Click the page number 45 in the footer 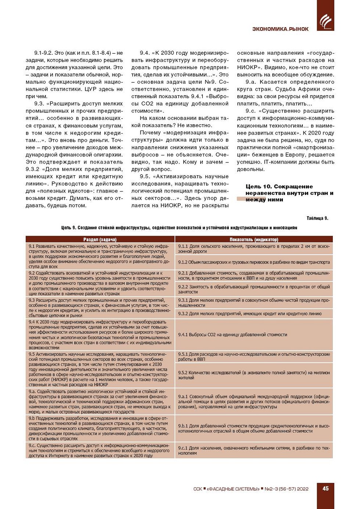(325, 488)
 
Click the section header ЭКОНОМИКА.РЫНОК (280, 29)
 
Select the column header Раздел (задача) (100, 240)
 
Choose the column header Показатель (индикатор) (254, 240)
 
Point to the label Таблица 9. (317, 218)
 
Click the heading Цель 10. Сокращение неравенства (289, 193)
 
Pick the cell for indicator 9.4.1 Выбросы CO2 (254, 335)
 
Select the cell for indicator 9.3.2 (254, 313)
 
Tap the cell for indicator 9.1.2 (254, 262)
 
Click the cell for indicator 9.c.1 (254, 451)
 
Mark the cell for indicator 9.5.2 (254, 375)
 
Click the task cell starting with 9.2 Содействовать (100, 283)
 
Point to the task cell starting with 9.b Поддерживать (100, 428)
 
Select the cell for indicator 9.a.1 (254, 402)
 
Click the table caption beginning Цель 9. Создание (179, 228)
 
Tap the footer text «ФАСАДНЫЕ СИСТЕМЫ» (233, 489)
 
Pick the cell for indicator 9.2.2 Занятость (254, 289)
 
